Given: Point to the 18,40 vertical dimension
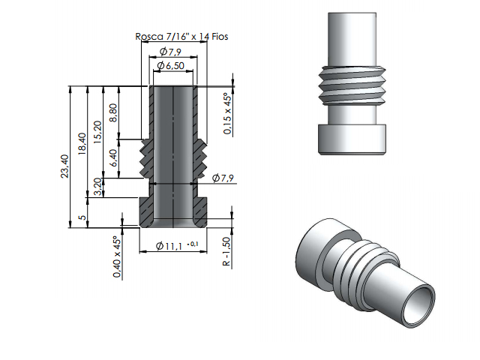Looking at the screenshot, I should point(82,142).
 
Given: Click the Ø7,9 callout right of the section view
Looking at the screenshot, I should point(223,178).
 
